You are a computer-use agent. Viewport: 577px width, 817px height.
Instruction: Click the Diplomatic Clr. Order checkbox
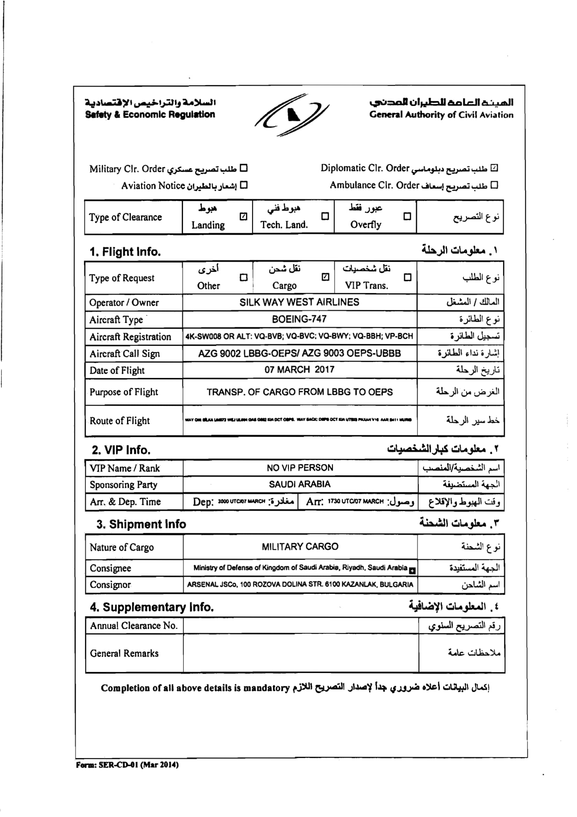click(x=494, y=168)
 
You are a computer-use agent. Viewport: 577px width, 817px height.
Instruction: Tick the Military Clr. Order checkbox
click(x=244, y=168)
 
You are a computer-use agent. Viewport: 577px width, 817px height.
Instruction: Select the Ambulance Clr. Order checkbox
click(x=494, y=185)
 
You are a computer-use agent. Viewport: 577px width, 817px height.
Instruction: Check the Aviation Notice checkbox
click(x=244, y=185)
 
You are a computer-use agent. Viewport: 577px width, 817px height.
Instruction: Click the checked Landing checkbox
click(x=243, y=216)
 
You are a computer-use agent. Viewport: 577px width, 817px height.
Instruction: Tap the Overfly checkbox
click(x=407, y=216)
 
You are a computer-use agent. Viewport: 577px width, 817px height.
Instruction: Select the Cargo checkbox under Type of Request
click(x=325, y=277)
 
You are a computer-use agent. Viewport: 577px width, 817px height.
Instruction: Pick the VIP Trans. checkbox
click(x=407, y=277)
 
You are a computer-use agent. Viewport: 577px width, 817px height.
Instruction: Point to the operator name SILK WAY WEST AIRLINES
click(x=299, y=302)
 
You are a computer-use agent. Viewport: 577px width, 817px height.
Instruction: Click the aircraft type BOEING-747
click(x=299, y=319)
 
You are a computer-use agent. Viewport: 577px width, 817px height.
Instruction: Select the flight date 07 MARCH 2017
click(x=299, y=370)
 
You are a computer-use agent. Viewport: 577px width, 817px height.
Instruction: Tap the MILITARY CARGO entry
click(x=300, y=547)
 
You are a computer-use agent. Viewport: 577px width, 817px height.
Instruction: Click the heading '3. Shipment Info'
click(x=141, y=524)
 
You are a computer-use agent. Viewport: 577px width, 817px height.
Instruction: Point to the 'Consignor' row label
click(x=110, y=585)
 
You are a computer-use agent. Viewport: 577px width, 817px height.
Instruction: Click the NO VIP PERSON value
click(x=300, y=468)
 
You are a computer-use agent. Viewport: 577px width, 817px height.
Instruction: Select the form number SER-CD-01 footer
click(x=127, y=765)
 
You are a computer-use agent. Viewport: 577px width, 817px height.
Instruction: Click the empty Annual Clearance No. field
click(x=301, y=626)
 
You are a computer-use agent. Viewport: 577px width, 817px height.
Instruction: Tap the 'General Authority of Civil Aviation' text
click(x=441, y=115)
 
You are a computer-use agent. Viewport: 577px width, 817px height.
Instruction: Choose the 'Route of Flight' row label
click(x=120, y=421)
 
